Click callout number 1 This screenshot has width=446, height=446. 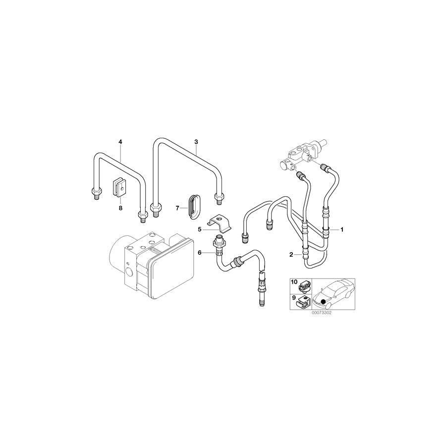point(341,230)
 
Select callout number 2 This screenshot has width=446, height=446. point(292,255)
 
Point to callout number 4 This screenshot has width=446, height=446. point(120,142)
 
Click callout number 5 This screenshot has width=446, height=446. point(200,229)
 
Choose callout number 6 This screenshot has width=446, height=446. point(200,253)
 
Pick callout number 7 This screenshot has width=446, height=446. point(177,209)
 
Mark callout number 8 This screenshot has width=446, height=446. point(120,209)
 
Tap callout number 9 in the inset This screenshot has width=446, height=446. point(294,299)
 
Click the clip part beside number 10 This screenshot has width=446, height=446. point(305,286)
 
